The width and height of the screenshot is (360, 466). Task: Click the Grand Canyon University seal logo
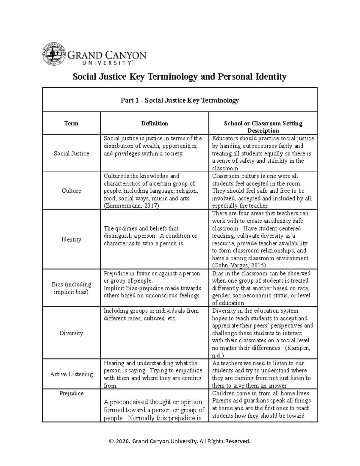pos(54,54)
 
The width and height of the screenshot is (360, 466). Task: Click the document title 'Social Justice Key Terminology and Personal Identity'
pos(180,77)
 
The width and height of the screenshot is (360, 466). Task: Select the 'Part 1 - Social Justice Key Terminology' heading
pos(179,100)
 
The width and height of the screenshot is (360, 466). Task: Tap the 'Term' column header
pos(71,123)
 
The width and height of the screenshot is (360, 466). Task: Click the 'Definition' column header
pos(154,123)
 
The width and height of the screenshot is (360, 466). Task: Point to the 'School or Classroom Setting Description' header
pos(263,127)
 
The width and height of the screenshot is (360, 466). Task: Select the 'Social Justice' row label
pos(71,153)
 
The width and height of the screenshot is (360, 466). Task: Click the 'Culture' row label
pos(71,191)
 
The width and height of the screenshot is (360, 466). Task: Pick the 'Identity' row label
pos(71,239)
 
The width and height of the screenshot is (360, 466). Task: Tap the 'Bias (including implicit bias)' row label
pos(71,288)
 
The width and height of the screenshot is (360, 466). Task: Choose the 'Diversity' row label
pos(71,333)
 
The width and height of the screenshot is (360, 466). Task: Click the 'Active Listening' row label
pos(71,374)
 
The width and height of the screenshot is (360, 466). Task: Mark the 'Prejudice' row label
pos(71,393)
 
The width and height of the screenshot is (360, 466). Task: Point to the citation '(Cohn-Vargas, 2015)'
pos(239,266)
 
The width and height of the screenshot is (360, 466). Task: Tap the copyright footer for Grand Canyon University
pos(180,441)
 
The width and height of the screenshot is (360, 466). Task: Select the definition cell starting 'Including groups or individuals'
pos(151,314)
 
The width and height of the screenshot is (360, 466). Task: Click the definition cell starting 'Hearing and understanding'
pos(153,374)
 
